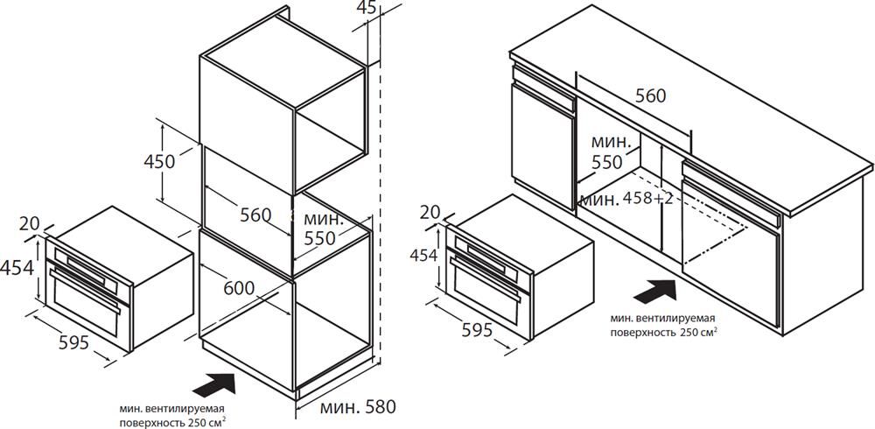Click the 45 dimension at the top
tap(367, 7)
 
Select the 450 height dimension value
tap(159, 161)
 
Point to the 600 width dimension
tap(239, 288)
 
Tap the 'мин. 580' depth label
tap(358, 406)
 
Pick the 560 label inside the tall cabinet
tap(255, 214)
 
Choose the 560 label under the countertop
tap(651, 96)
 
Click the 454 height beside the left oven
tap(17, 268)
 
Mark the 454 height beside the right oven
tap(423, 255)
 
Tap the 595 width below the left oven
tap(73, 342)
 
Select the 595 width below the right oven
tap(477, 330)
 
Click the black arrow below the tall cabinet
tap(213, 386)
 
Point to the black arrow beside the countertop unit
tap(655, 292)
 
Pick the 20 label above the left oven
tap(29, 223)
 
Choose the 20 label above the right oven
tap(430, 212)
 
